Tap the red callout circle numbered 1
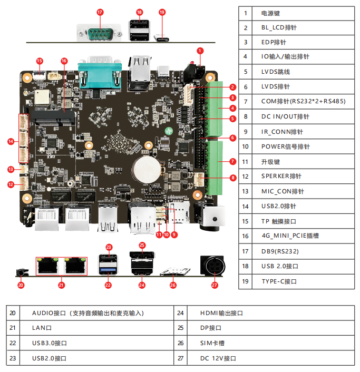point(200,51)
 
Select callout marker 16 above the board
point(64,61)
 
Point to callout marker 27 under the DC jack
point(214,285)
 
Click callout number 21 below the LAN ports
point(61,285)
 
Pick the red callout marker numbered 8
point(233,178)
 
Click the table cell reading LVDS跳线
point(276,72)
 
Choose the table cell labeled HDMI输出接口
point(221,313)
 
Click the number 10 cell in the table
point(245,146)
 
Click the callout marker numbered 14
point(11,141)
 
